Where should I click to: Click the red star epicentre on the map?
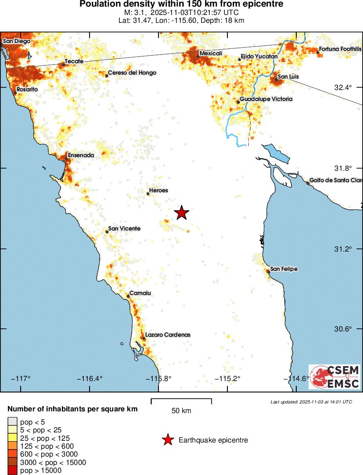tap(182, 212)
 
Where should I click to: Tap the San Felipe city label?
tap(284, 269)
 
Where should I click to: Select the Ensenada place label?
tap(81, 155)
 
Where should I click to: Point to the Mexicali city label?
tap(211, 54)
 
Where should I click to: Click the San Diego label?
tap(17, 41)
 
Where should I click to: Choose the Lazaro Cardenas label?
tap(168, 335)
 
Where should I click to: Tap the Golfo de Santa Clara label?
tap(336, 180)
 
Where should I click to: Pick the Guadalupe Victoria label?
tap(266, 99)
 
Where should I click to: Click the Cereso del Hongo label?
tap(132, 73)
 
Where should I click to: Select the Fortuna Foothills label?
tap(340, 49)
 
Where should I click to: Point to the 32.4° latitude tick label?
tap(343, 87)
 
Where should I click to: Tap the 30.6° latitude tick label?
tap(343, 329)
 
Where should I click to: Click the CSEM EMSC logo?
tap(335, 377)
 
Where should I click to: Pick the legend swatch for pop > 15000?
tap(12, 471)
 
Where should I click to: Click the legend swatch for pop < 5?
tap(12, 422)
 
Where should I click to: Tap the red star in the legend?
tap(167, 440)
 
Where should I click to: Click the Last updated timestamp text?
tap(311, 402)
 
